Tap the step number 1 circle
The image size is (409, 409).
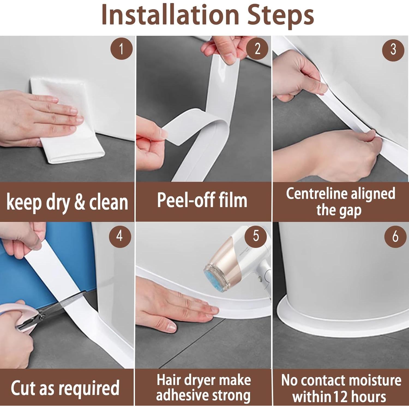tap(122, 49)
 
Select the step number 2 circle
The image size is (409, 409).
tap(257, 49)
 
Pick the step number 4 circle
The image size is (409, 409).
tap(120, 236)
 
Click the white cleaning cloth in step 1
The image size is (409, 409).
tap(67, 120)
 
